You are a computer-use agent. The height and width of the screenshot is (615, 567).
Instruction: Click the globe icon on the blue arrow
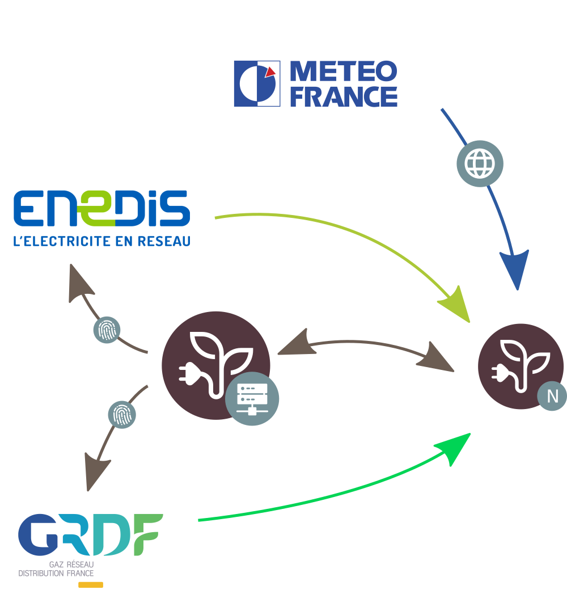tap(480, 163)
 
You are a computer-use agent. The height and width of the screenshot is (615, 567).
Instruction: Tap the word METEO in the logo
tap(344, 72)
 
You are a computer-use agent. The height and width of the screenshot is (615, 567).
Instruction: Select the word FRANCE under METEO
tap(344, 96)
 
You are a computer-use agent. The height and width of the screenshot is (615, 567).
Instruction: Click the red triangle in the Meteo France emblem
tap(271, 71)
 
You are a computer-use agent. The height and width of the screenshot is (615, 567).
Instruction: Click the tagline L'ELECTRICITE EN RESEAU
tap(102, 242)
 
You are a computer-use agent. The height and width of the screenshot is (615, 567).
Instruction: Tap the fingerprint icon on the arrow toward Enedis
tap(107, 330)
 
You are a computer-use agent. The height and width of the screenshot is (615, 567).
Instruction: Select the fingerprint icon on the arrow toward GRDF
tap(122, 415)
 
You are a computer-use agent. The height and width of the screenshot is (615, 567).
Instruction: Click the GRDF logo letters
tap(91, 534)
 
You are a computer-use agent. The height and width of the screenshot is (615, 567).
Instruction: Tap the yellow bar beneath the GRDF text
tap(90, 585)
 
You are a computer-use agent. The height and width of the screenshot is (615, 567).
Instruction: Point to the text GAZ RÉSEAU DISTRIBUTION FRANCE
tap(56, 569)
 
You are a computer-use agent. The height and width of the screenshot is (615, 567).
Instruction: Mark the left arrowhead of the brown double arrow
tap(293, 346)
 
